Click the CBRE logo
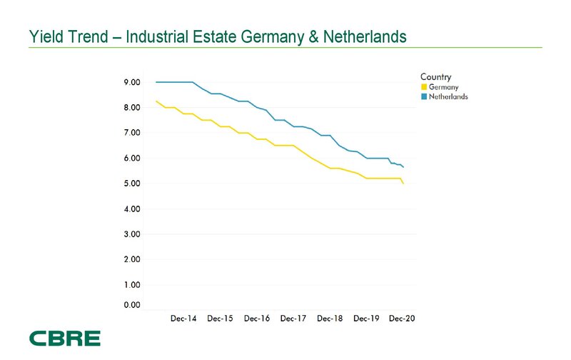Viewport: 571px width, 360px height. [x=64, y=338]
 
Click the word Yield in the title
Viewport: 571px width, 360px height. [x=45, y=35]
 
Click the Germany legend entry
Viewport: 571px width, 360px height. [x=443, y=87]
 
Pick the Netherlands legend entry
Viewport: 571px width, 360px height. [x=448, y=96]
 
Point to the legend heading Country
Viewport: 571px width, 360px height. [x=435, y=76]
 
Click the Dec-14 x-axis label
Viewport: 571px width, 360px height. [x=183, y=319]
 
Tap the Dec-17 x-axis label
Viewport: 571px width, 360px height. [x=293, y=319]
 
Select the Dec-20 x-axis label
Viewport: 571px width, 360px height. [x=402, y=319]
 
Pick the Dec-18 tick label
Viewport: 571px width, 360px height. [x=330, y=319]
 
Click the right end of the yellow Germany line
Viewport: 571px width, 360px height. [x=404, y=184]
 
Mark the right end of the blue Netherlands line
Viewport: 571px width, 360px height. [x=404, y=167]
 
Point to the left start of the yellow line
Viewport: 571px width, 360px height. [x=156, y=101]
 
